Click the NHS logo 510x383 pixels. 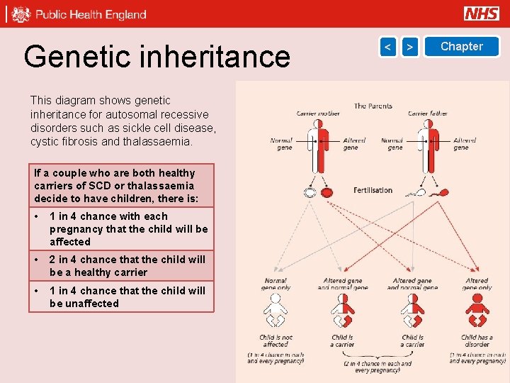482,13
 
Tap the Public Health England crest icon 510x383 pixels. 21,14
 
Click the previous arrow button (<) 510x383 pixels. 387,47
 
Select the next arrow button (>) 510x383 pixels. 410,47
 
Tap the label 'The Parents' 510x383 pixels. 373,106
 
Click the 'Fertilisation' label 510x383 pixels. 373,190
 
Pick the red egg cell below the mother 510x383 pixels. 327,192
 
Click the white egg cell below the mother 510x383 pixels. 310,192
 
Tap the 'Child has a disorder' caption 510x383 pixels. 477,341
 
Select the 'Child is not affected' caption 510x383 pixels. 276,341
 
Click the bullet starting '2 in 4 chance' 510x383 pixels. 127,266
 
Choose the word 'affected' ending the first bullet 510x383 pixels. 70,242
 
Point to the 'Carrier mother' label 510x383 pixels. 318,113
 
